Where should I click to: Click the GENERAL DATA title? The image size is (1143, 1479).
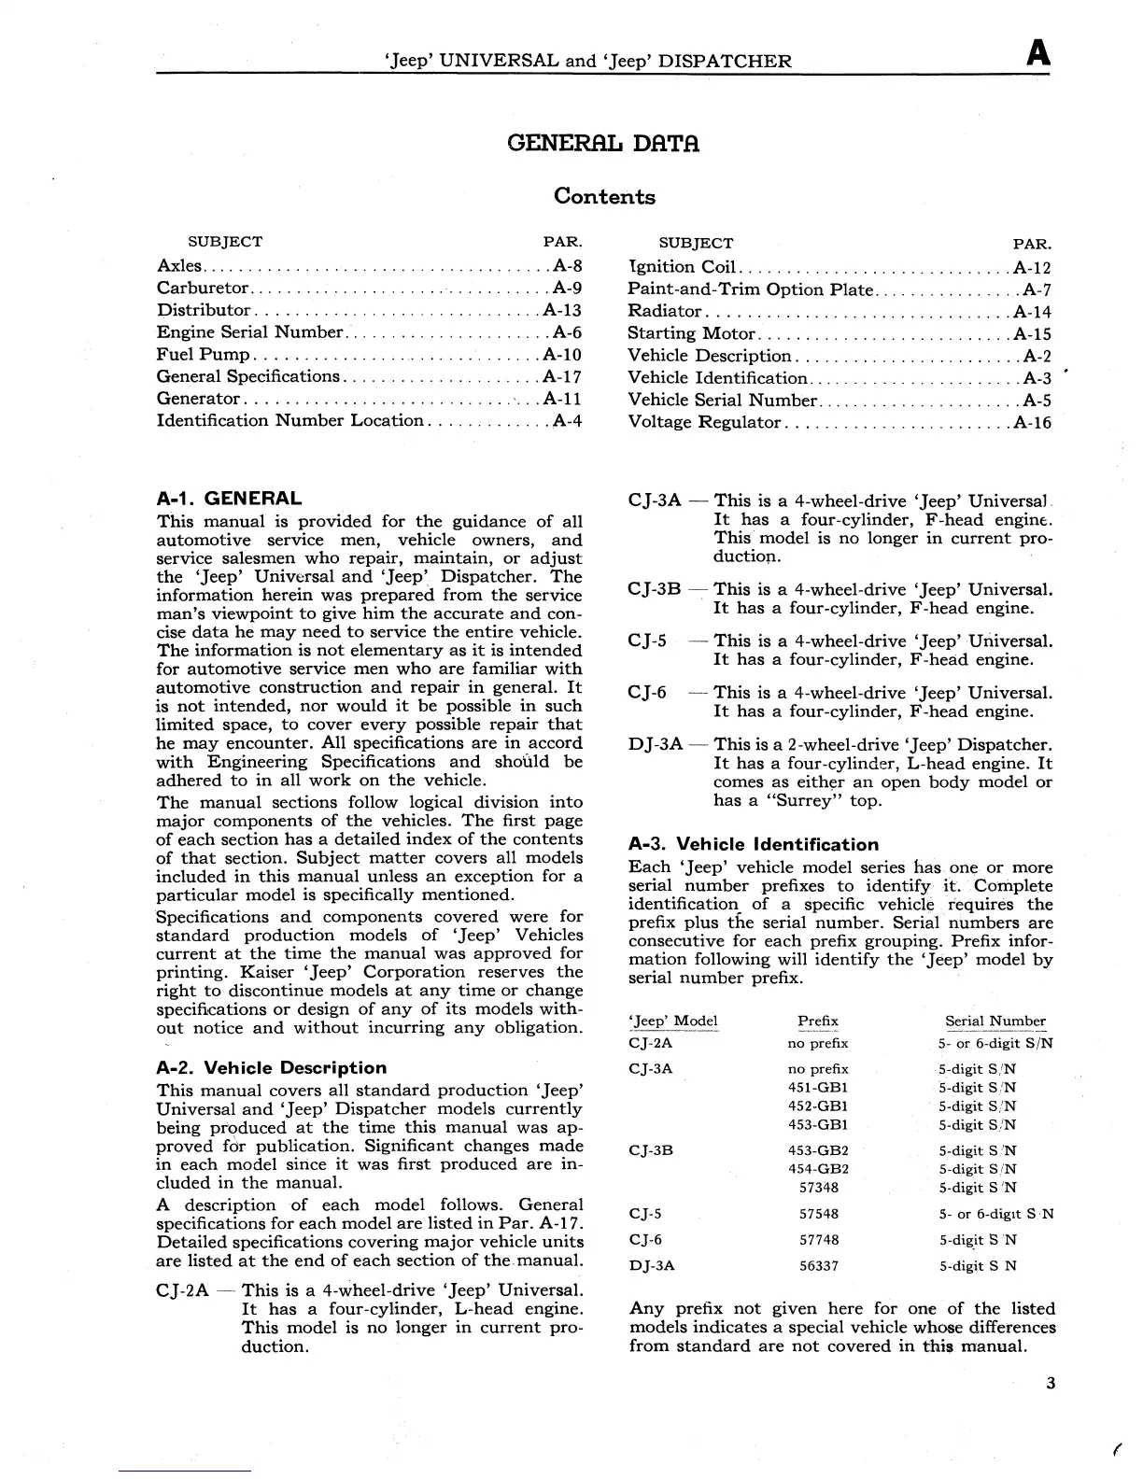point(603,144)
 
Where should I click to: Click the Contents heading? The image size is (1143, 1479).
point(604,196)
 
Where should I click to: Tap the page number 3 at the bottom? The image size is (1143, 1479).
point(1051,1383)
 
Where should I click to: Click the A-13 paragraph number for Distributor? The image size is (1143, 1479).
point(562,310)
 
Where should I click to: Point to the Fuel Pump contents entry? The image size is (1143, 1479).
point(204,355)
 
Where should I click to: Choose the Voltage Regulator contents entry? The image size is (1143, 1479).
point(704,422)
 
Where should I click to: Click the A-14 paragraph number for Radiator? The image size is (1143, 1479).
point(1033,311)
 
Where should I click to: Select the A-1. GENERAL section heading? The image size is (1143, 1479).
point(229,499)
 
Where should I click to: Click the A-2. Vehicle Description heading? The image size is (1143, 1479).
point(271,1068)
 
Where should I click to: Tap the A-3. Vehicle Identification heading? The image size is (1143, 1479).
point(754,845)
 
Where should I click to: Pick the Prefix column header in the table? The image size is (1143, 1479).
point(818,1021)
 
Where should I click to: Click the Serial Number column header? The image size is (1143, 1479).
point(995,1021)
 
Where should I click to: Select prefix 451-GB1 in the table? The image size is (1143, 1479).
point(818,1088)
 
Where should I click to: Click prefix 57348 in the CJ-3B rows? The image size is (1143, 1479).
point(819,1188)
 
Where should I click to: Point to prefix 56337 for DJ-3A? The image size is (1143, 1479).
point(819,1266)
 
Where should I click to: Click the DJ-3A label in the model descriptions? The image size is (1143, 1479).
point(656,745)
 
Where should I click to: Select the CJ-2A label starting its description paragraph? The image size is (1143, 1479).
point(182,1291)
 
